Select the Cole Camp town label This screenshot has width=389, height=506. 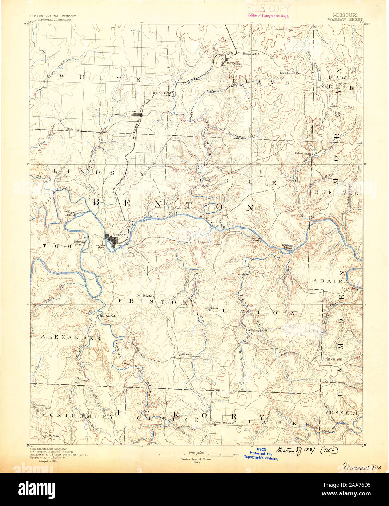[x=234, y=64]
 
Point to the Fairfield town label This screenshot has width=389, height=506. [x=110, y=317]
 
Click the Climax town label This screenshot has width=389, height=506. [x=337, y=359]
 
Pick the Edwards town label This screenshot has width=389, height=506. [x=256, y=331]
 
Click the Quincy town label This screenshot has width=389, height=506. [x=56, y=435]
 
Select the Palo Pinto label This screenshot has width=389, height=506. [x=74, y=129]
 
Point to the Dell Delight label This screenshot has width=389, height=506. [x=144, y=296]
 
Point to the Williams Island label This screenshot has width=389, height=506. [x=287, y=246]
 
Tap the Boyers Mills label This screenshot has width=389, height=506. [x=303, y=153]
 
